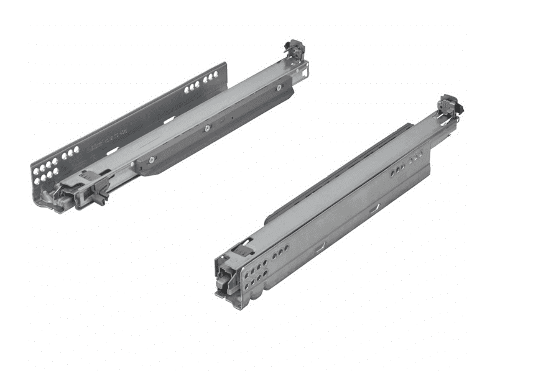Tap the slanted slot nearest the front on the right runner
point(320,247)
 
